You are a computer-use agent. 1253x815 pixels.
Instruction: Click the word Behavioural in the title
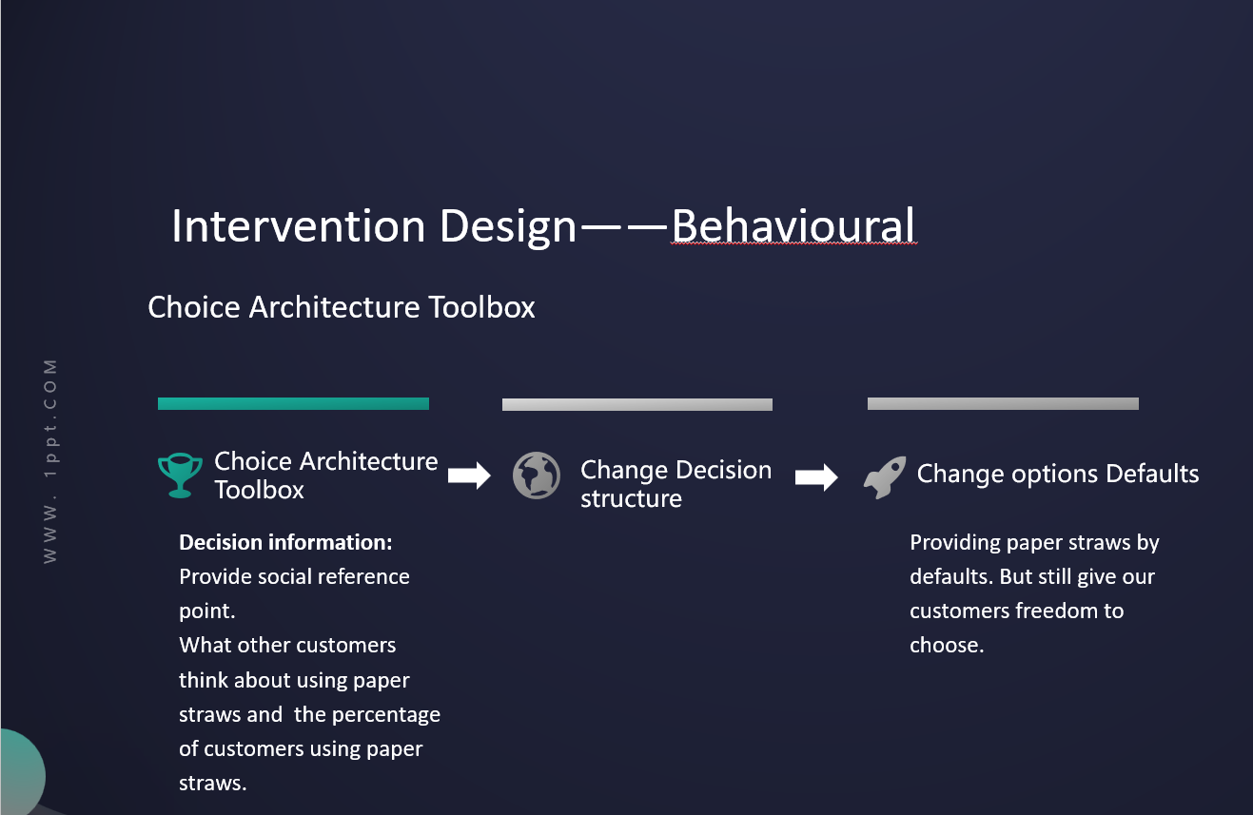point(793,225)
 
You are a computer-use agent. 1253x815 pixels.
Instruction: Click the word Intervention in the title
point(298,225)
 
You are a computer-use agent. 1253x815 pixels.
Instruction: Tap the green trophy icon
point(180,475)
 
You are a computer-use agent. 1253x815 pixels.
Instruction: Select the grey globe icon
point(537,475)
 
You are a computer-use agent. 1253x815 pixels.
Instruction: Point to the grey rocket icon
point(885,476)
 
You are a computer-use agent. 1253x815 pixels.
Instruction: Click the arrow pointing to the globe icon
point(469,475)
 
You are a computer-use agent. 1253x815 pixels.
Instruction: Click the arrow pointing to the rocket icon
point(816,476)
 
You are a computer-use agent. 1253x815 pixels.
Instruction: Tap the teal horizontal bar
point(293,403)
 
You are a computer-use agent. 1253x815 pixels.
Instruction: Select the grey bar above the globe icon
point(637,405)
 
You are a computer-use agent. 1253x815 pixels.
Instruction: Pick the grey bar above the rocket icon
point(1003,403)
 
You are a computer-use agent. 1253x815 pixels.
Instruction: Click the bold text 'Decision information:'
point(285,542)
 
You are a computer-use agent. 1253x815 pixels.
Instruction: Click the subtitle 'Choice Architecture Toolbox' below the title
point(342,307)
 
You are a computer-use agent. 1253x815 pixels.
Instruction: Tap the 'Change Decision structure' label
point(675,484)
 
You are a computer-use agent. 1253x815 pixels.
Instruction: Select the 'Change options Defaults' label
point(1058,474)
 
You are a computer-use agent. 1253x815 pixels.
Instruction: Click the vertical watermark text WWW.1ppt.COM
point(50,461)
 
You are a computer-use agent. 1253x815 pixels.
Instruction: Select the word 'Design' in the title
point(508,227)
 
